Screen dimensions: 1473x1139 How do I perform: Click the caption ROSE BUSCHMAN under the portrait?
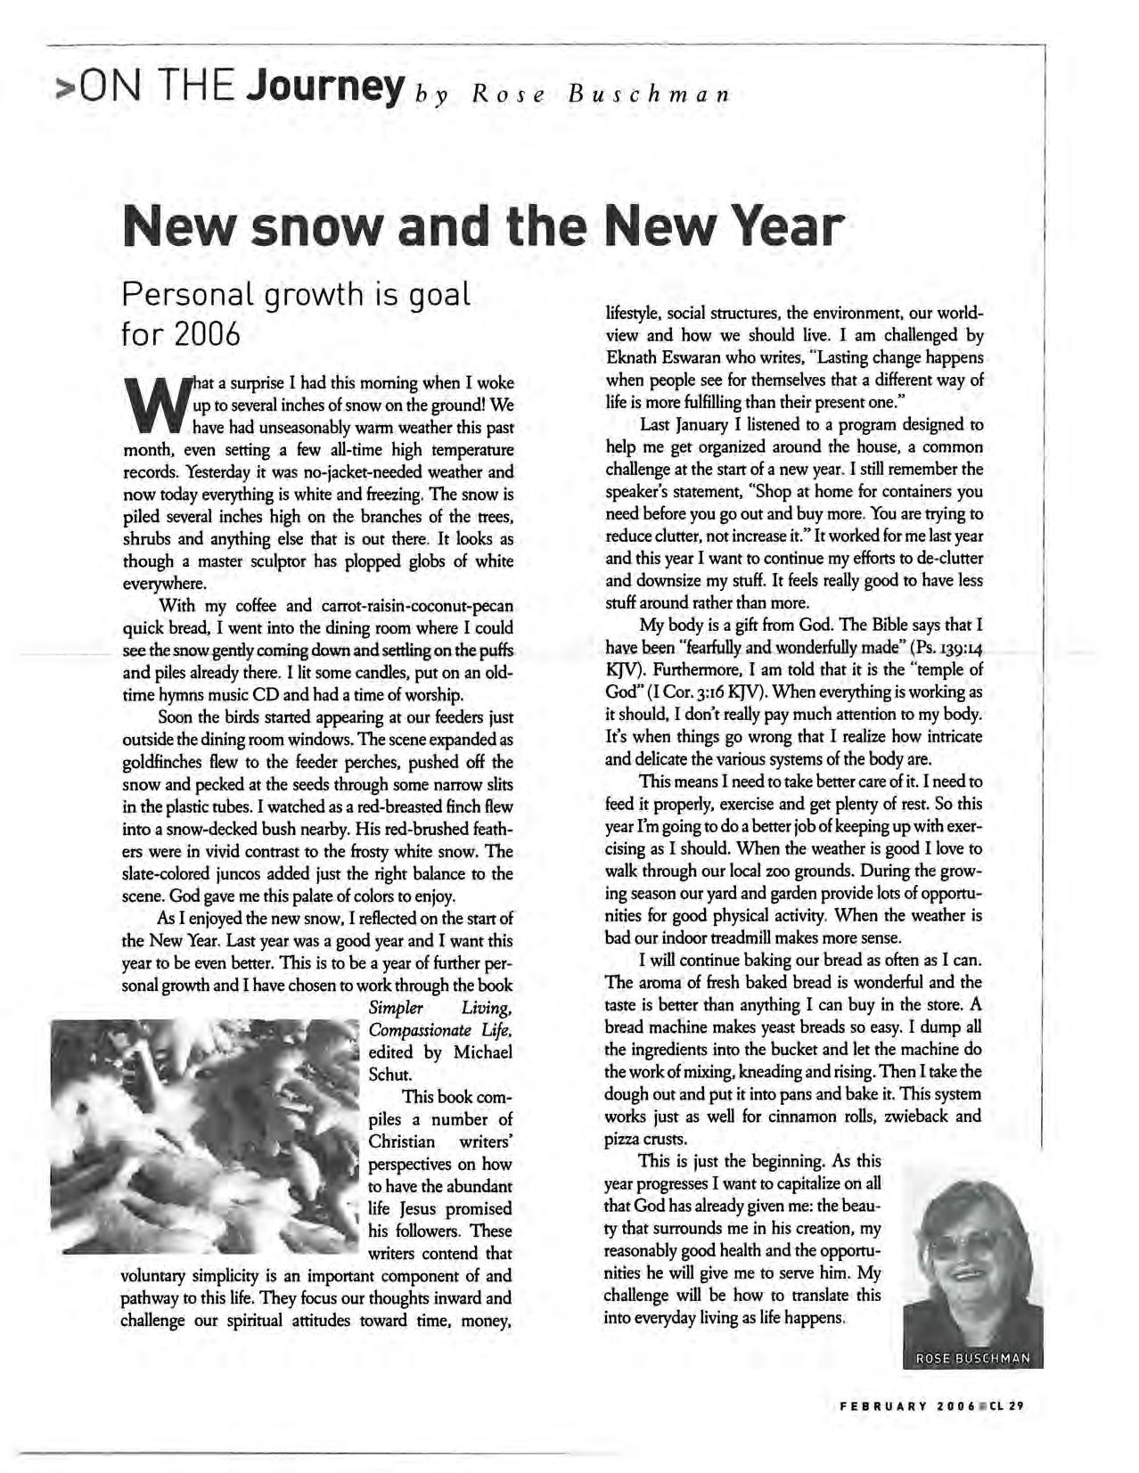[972, 1359]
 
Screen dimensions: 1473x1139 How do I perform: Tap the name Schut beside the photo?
[389, 1074]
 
